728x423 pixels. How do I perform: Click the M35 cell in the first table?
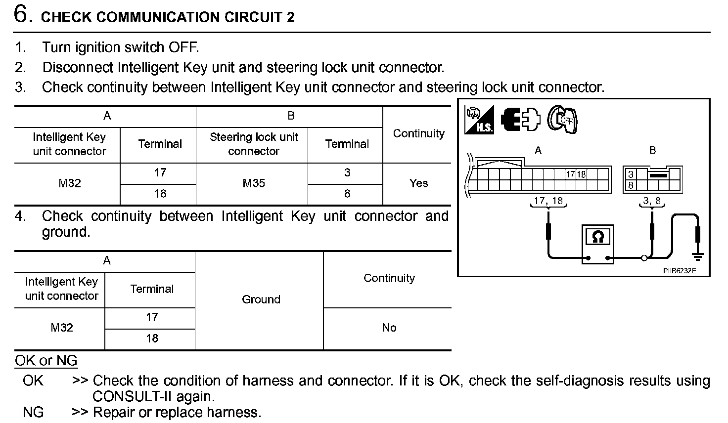click(254, 183)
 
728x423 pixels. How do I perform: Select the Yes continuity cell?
click(418, 183)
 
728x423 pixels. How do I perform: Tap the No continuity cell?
click(389, 328)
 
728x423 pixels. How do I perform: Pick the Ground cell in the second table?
click(261, 299)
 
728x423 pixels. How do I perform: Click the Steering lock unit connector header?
click(254, 144)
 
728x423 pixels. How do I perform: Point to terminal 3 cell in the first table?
click(347, 172)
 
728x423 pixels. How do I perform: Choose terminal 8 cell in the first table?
click(347, 194)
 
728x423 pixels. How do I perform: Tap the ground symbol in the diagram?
click(698, 256)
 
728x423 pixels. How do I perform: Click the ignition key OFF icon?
click(563, 119)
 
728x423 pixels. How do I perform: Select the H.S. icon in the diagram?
click(479, 120)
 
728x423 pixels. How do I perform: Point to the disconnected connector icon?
click(520, 120)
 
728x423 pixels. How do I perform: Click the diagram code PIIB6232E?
click(679, 271)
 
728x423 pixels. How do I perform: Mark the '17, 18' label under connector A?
click(548, 201)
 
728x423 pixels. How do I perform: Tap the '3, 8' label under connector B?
click(651, 201)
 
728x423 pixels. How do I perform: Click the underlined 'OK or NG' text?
click(46, 361)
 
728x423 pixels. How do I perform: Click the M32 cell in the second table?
click(62, 328)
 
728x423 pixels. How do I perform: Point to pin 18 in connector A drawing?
click(581, 174)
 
